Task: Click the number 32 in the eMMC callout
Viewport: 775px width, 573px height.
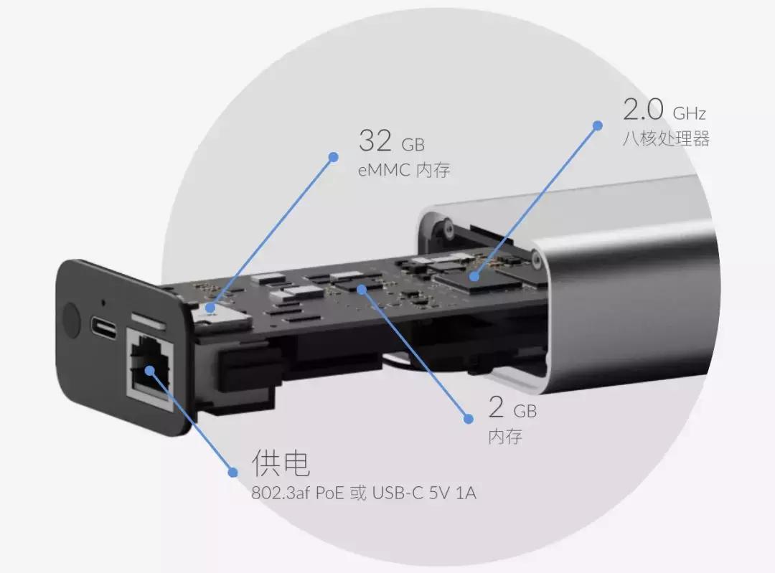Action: click(x=375, y=141)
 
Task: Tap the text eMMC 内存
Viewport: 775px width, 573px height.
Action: click(x=404, y=171)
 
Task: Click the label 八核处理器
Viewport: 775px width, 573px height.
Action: click(x=666, y=138)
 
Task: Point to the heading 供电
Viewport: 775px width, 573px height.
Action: click(x=281, y=464)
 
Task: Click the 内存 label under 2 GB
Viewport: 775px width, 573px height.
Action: click(x=505, y=436)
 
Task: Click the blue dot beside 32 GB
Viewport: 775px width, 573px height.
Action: click(x=332, y=156)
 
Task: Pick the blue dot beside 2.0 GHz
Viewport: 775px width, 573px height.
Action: click(x=597, y=126)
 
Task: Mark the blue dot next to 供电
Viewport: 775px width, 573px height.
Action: click(x=232, y=472)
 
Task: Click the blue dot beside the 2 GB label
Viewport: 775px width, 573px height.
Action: click(x=468, y=418)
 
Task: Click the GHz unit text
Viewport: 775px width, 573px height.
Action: click(x=690, y=113)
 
